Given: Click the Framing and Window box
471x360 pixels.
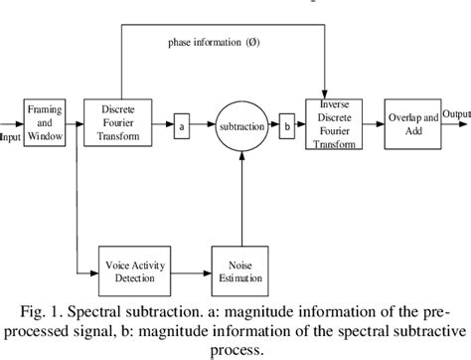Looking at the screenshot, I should [x=45, y=124].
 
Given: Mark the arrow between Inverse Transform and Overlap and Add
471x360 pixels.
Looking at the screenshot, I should [x=374, y=125].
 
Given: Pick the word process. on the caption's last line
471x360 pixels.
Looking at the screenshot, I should [x=235, y=349].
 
